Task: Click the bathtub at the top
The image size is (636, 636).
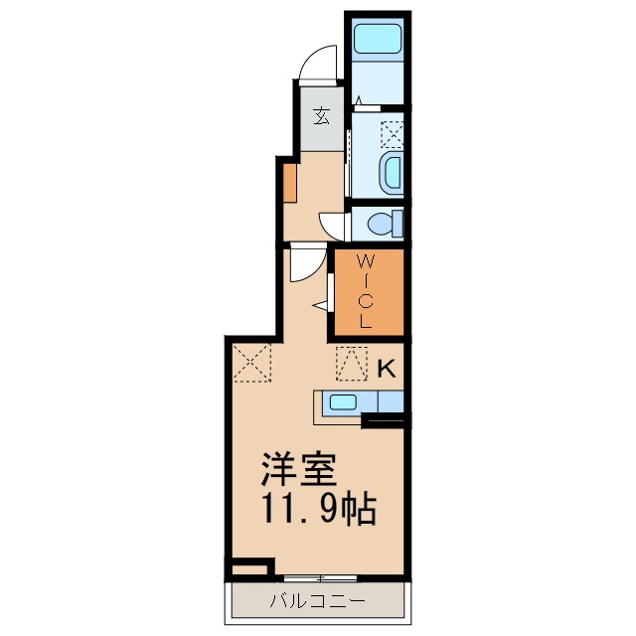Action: point(378,39)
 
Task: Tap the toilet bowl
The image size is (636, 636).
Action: point(381,223)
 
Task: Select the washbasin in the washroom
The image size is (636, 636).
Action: point(392,173)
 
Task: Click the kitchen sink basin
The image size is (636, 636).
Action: point(343,401)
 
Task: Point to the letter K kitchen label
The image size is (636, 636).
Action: point(387,369)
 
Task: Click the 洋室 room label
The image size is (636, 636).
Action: point(298,468)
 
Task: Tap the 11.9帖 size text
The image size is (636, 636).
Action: point(319,510)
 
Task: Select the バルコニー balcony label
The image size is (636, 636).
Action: point(318,600)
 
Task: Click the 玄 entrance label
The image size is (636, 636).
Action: point(322,115)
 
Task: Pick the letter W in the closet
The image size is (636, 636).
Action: point(366,261)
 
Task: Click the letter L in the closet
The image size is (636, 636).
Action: point(366,321)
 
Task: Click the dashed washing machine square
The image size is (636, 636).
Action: point(393,135)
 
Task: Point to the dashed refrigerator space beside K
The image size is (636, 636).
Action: point(352,364)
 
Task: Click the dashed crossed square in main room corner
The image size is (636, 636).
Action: point(252,363)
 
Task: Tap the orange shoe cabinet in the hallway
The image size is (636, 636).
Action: point(289,183)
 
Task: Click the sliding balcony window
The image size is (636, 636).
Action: point(320,578)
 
